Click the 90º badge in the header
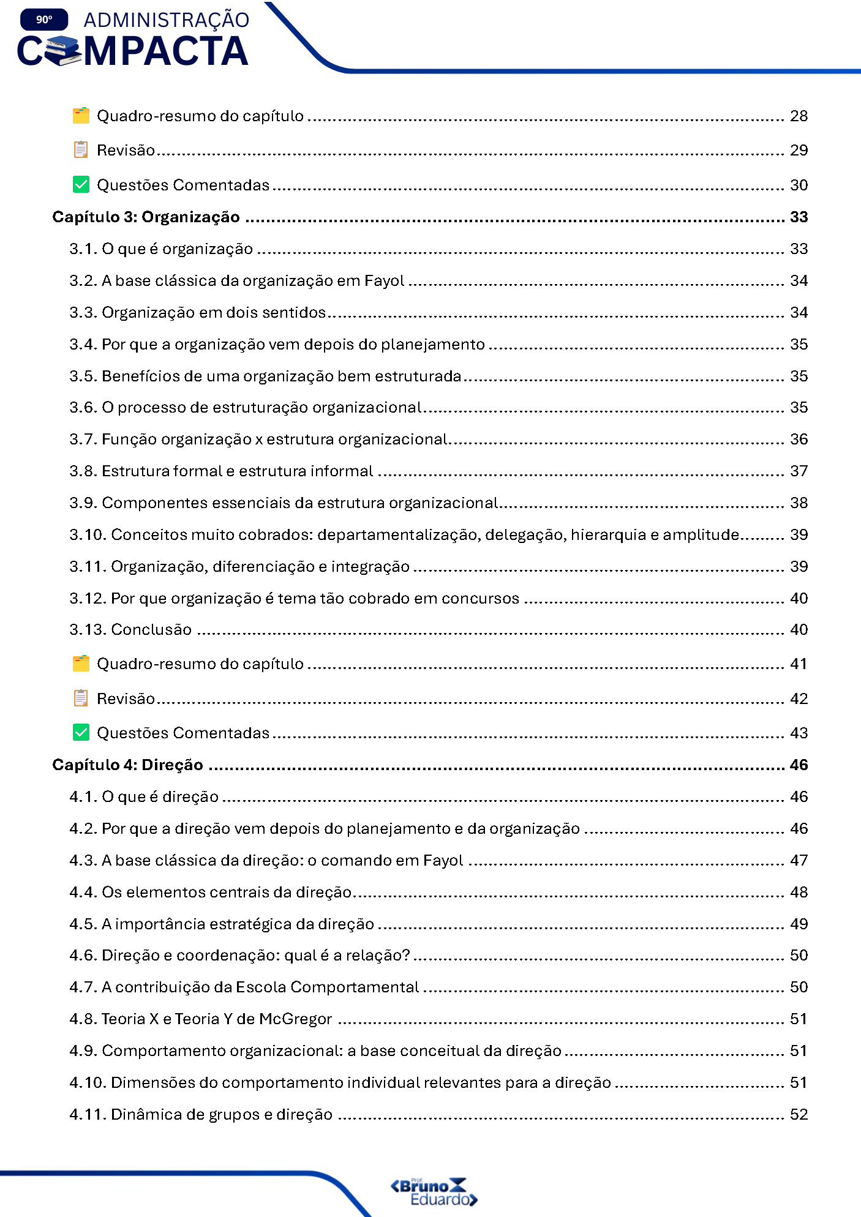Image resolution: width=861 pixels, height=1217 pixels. tap(44, 20)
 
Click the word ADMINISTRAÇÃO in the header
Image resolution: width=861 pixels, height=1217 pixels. tap(166, 20)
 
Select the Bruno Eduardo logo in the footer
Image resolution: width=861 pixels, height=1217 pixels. tap(434, 1192)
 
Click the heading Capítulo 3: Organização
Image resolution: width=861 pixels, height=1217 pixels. tap(146, 217)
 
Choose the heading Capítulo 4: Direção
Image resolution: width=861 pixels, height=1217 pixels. tap(127, 765)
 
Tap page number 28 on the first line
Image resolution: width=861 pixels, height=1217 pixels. tap(799, 116)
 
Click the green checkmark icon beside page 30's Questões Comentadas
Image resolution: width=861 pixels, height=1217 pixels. tap(81, 185)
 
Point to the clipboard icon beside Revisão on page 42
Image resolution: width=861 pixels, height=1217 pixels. tap(81, 698)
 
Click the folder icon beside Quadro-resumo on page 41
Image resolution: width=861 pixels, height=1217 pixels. tap(81, 664)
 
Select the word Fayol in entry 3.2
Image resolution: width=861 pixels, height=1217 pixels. tap(384, 281)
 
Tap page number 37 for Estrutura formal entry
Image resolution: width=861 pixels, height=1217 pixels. tap(799, 471)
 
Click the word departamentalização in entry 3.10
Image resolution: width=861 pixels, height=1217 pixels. tap(398, 535)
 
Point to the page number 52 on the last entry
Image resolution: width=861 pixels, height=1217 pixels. tap(799, 1115)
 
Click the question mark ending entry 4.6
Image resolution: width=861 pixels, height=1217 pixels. tap(405, 956)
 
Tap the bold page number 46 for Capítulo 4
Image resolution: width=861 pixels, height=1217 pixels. tap(799, 765)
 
